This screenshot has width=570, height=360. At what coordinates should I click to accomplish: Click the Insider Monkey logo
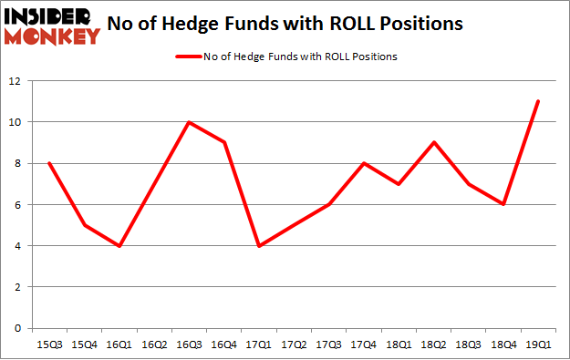(x=52, y=25)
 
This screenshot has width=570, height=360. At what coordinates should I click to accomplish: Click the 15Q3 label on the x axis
(x=48, y=345)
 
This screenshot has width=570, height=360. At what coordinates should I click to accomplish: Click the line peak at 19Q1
(x=538, y=101)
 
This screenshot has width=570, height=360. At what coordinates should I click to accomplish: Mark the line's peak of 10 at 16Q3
(x=188, y=122)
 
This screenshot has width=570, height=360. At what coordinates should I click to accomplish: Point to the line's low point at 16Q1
(x=119, y=245)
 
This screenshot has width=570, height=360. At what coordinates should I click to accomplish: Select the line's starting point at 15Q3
(x=48, y=163)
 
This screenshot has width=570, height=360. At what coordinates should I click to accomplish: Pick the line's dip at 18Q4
(x=503, y=204)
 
